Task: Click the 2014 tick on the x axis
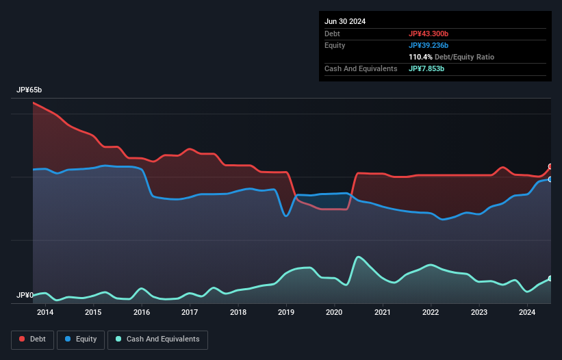(x=45, y=313)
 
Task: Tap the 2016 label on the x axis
(x=142, y=313)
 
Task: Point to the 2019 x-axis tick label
(x=286, y=313)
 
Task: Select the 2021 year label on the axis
(x=383, y=313)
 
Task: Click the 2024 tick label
(x=527, y=313)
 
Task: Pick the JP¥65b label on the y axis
(x=29, y=90)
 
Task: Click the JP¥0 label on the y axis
(x=25, y=296)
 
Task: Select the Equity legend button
(x=81, y=339)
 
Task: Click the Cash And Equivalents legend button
(x=157, y=339)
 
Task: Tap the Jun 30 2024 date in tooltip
(x=345, y=21)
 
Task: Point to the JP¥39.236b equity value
(x=429, y=45)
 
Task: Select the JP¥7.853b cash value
(x=426, y=68)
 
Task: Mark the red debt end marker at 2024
(x=550, y=167)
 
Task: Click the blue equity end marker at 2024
(x=550, y=179)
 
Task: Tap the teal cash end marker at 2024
(x=550, y=279)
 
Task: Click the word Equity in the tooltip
(x=335, y=45)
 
